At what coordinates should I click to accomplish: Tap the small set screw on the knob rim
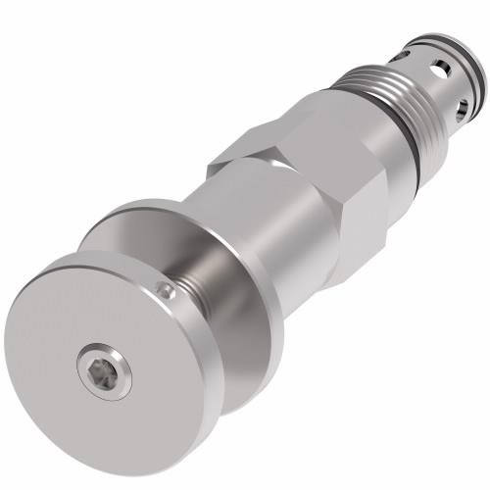(169, 290)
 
